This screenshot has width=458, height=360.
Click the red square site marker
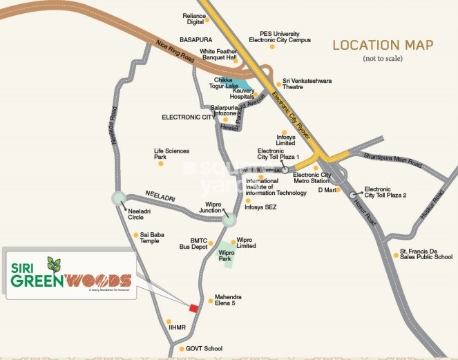point(194,308)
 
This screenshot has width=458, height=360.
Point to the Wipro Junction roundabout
point(229,220)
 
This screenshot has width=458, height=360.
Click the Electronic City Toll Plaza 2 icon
point(354,195)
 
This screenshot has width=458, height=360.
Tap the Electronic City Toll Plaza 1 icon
point(284,167)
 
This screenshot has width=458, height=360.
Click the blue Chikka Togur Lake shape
point(238,91)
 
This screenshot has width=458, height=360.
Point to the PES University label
point(285,36)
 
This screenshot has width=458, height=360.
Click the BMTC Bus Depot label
point(194,243)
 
